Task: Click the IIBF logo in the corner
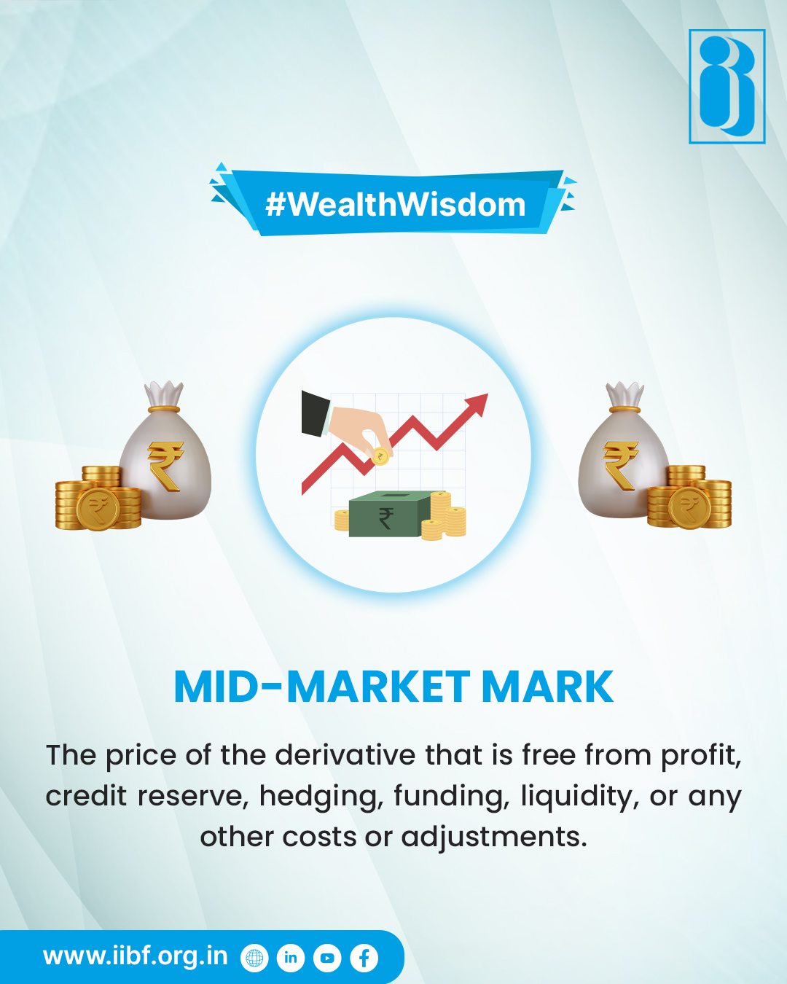(727, 86)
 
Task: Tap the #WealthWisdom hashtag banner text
(395, 205)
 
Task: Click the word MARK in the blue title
(547, 687)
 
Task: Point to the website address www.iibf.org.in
(136, 956)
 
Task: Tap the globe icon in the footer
(254, 958)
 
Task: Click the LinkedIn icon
(291, 958)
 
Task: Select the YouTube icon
(327, 958)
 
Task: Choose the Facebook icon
(364, 958)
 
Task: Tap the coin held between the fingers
(380, 457)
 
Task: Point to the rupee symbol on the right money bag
(620, 465)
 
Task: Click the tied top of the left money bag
(163, 396)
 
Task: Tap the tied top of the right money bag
(624, 397)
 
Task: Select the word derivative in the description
(346, 755)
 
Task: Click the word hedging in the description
(321, 796)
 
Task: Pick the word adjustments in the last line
(493, 837)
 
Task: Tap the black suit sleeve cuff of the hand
(316, 413)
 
